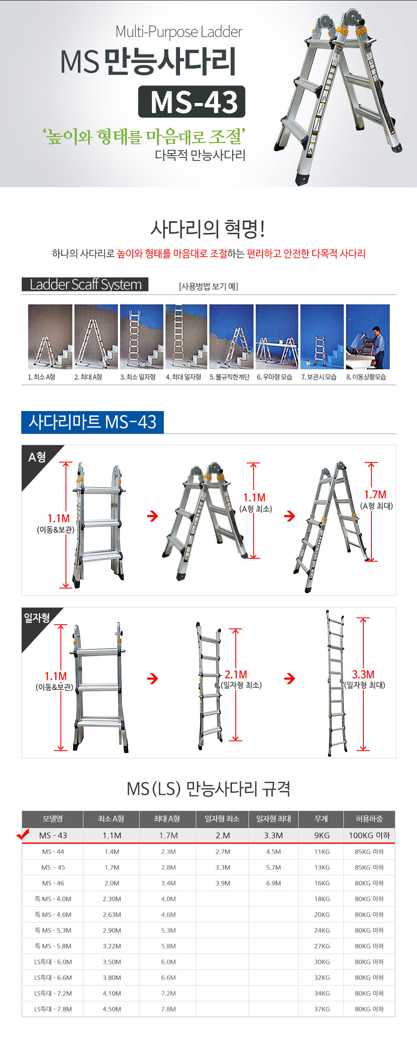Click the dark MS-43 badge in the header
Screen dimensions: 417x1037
(x=191, y=102)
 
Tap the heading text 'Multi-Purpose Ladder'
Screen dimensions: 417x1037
(x=179, y=32)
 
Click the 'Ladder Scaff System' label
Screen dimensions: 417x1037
(x=85, y=284)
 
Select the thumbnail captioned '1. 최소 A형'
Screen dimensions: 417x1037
(x=50, y=337)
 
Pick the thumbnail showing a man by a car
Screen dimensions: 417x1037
(x=368, y=337)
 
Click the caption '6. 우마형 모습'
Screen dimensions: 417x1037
(x=274, y=377)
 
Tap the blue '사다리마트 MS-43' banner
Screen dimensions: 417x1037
(x=92, y=422)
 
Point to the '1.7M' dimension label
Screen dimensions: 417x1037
(x=375, y=494)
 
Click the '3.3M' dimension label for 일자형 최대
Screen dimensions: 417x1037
(x=363, y=674)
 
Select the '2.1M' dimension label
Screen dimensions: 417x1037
(x=236, y=674)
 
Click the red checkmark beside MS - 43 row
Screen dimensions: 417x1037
(x=23, y=834)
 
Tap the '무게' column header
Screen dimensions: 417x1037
(x=321, y=819)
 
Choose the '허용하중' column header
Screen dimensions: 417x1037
(x=369, y=819)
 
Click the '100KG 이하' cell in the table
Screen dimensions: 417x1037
(x=369, y=835)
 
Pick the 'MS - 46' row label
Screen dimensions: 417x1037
(x=53, y=883)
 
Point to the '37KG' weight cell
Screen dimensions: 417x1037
(x=322, y=1009)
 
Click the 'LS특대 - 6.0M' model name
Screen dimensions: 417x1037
(x=53, y=962)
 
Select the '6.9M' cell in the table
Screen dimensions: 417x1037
(x=274, y=883)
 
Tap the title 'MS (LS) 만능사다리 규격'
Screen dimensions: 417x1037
(x=208, y=789)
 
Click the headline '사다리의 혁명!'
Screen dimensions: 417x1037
(x=208, y=229)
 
